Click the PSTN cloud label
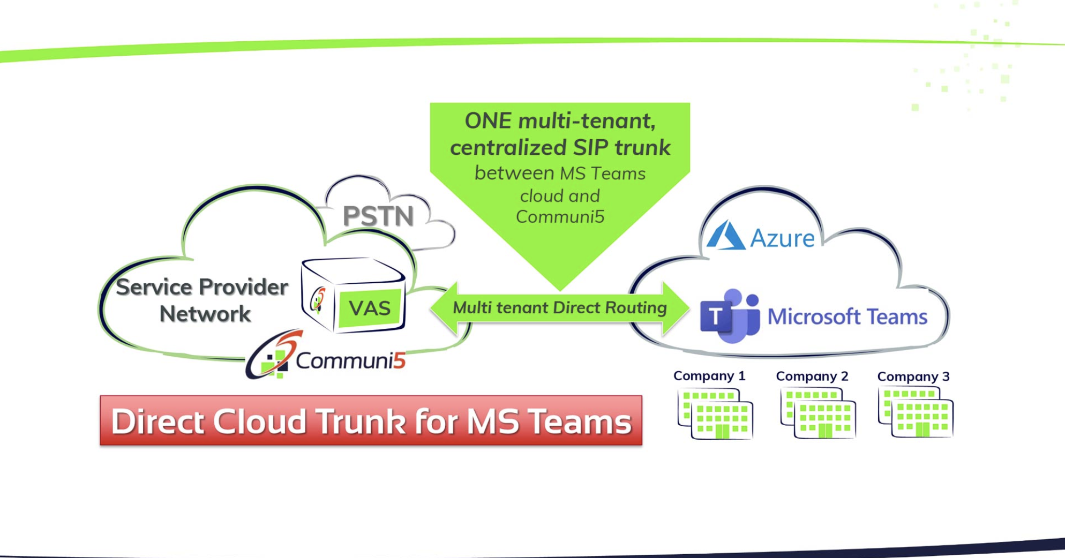coord(378,216)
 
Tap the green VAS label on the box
coord(370,308)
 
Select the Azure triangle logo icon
coord(725,236)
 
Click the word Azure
coord(782,238)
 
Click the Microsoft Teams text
coord(847,317)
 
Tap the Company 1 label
coord(709,376)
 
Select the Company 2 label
coord(812,376)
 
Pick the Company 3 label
coord(913,377)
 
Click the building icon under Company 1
coord(715,414)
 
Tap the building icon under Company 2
coord(818,414)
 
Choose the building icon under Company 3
coord(916,413)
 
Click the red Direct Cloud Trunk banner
coord(371,421)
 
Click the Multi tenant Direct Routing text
coord(559,308)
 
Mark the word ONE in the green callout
coord(487,121)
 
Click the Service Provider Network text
coord(202,300)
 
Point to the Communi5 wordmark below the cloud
coord(350,361)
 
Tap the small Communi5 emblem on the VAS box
coord(318,300)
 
